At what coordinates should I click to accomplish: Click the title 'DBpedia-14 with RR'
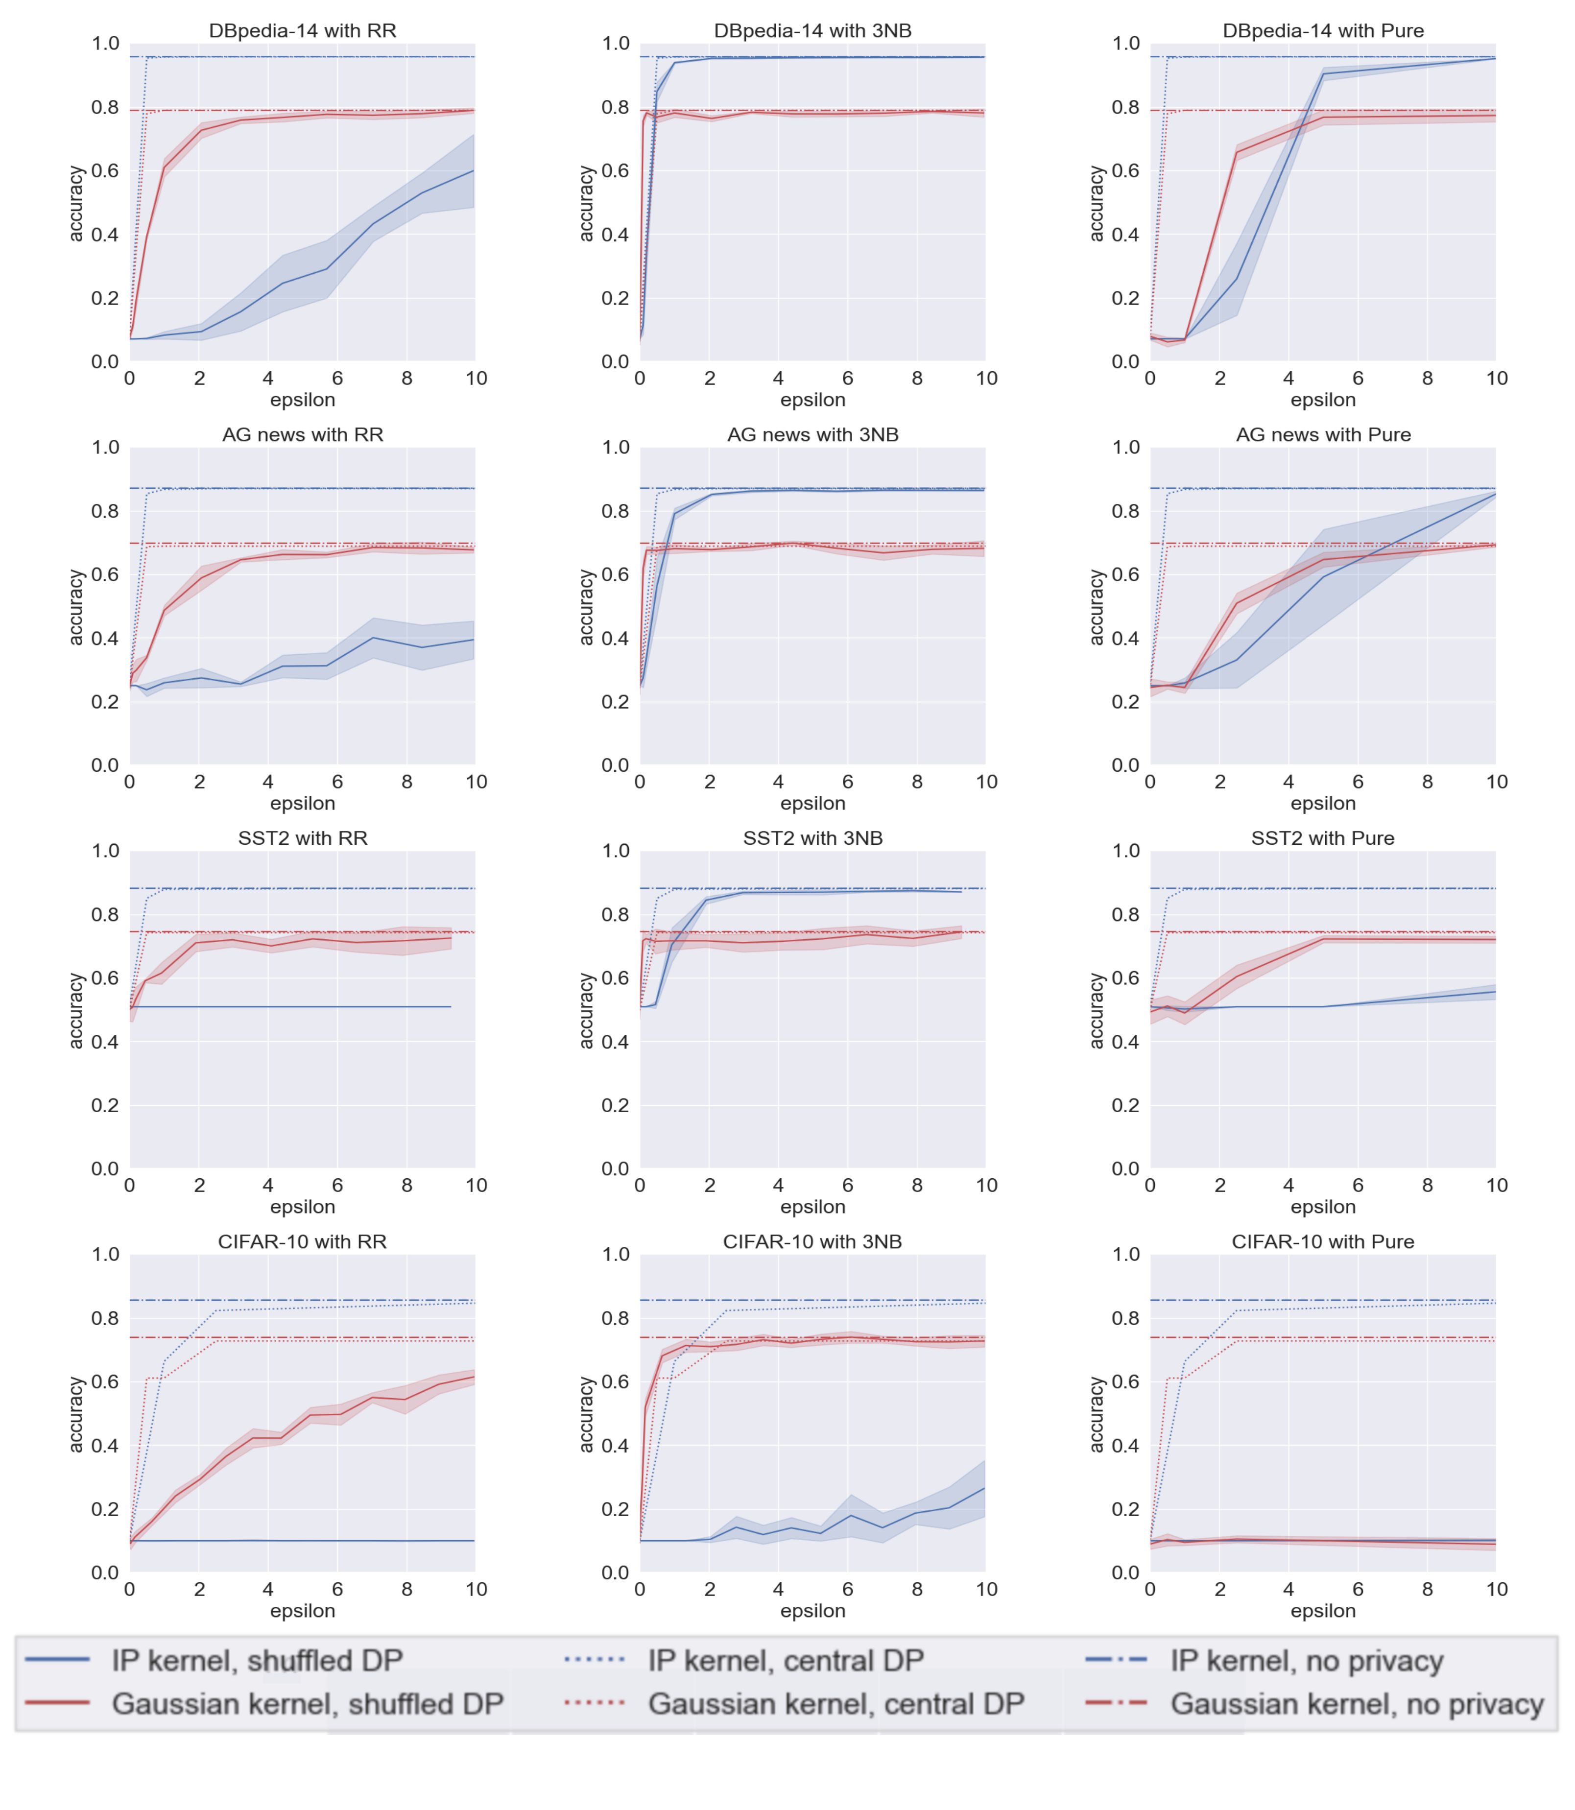click(x=302, y=31)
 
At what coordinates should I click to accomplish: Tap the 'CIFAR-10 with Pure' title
click(x=1323, y=1241)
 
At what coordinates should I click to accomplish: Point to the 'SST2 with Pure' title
click(x=1323, y=838)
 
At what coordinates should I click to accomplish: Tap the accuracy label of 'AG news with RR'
click(x=76, y=606)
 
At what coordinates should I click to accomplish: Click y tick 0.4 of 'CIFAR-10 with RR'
click(x=105, y=1445)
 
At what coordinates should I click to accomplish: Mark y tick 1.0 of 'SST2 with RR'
click(x=105, y=851)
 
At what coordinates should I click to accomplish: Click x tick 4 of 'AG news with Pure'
click(x=1289, y=782)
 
